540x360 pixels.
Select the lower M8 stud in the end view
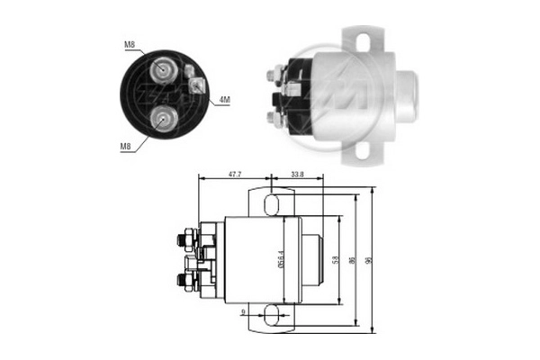[x=163, y=114]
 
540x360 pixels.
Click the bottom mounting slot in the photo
[x=362, y=150]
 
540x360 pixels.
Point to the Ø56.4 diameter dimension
[x=282, y=261]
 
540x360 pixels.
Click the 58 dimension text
[x=337, y=261]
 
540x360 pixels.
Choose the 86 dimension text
[x=354, y=261]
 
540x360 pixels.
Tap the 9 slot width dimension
[x=244, y=313]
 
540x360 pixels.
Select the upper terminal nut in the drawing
[x=186, y=239]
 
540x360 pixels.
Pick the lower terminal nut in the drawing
[x=186, y=282]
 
